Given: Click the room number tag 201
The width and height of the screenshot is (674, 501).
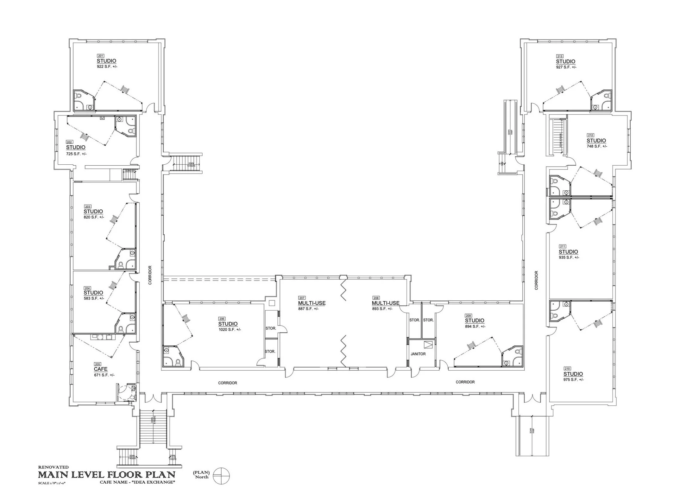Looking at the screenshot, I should [100, 56].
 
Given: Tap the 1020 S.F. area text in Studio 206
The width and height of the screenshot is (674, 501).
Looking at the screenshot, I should [230, 330].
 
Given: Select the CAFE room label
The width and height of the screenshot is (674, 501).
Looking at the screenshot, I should [101, 369].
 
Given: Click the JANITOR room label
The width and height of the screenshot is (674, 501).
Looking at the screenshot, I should [418, 354].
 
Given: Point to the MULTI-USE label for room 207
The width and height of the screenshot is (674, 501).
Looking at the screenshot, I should [312, 303].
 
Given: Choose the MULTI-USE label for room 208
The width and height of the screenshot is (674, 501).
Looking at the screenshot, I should [386, 303].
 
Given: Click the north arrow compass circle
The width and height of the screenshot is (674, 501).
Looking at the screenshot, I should [221, 476].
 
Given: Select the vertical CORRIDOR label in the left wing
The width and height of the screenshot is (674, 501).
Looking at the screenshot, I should [150, 275].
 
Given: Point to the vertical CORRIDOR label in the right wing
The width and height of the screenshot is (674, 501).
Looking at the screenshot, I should [536, 280].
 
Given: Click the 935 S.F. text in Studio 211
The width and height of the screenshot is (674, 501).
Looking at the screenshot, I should [569, 257].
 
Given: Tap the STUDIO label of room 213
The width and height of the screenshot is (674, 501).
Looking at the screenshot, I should [566, 61].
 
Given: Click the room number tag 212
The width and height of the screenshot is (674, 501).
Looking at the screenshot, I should [590, 135].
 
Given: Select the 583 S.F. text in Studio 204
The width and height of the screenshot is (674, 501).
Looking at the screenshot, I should [94, 298].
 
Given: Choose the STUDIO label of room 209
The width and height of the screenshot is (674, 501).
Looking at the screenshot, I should [475, 321].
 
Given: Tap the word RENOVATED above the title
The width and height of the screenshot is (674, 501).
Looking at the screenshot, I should [53, 467].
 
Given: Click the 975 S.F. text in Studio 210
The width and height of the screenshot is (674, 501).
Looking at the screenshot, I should [573, 380].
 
